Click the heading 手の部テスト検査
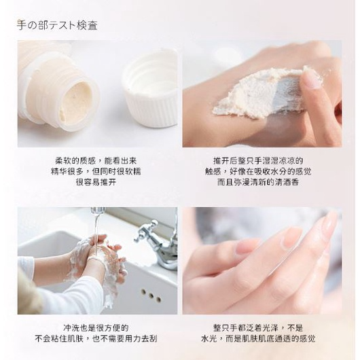pos(57,26)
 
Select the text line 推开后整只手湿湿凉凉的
pos(262,161)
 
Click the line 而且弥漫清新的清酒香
pos(262,183)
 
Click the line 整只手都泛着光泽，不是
pos(262,327)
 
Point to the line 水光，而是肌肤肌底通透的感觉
pos(262,338)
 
